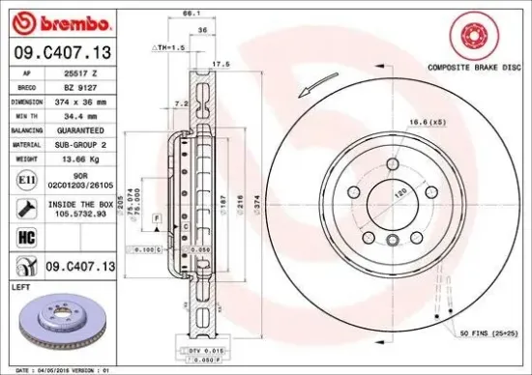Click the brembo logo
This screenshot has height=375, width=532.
(x=60, y=22)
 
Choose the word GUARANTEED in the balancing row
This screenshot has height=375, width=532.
(x=82, y=129)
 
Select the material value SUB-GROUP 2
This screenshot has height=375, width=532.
(x=82, y=142)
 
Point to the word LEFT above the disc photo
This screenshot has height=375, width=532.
(x=19, y=287)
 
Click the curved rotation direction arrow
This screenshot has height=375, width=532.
(x=312, y=90)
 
